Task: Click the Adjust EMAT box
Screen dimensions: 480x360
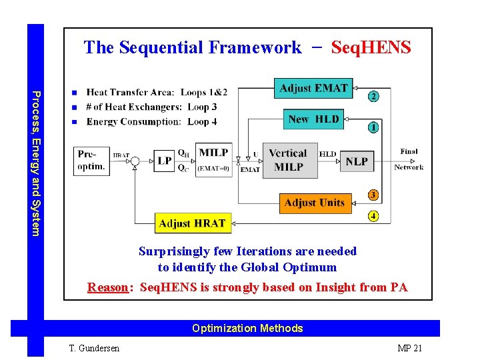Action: tap(313, 89)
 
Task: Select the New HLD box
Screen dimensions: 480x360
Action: tap(313, 120)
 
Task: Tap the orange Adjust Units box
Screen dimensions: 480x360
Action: tap(314, 203)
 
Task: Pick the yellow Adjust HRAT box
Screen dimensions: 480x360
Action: tap(192, 223)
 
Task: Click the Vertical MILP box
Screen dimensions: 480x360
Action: tap(288, 161)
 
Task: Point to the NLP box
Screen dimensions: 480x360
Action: tap(356, 161)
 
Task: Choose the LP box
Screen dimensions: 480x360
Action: tap(163, 161)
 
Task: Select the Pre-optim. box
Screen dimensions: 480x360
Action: tap(91, 161)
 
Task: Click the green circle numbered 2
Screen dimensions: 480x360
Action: tap(373, 97)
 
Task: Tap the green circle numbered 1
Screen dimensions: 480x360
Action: tap(373, 127)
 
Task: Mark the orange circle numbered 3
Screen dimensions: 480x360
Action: tap(373, 195)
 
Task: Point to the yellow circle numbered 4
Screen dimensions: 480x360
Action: tap(373, 216)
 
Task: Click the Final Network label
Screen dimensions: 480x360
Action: tap(409, 159)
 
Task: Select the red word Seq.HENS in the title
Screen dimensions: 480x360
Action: tap(371, 47)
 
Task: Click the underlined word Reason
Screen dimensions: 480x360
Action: tap(107, 287)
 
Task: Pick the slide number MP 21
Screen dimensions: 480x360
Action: tap(409, 348)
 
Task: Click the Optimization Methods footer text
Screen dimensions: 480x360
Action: tap(247, 328)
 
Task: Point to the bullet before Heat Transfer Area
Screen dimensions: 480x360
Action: tap(75, 93)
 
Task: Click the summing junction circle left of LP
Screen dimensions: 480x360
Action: tap(135, 161)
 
